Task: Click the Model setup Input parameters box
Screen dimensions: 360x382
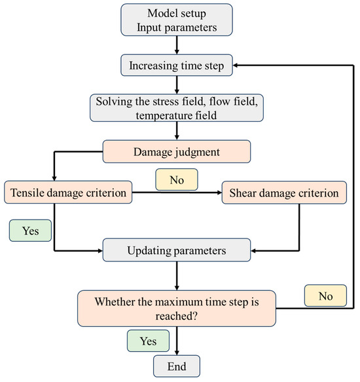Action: [177, 20]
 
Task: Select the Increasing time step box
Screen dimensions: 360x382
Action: [177, 66]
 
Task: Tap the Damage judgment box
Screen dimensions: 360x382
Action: [177, 151]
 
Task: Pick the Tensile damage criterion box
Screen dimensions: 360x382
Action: [68, 192]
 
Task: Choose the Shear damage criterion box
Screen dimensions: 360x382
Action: [284, 193]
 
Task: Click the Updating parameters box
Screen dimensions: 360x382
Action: [177, 250]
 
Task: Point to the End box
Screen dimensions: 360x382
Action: [177, 366]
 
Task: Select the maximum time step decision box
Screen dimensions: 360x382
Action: [177, 309]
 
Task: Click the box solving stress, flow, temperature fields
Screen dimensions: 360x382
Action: [177, 107]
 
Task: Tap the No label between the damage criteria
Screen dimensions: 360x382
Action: [177, 180]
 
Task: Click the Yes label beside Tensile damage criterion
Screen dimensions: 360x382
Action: [30, 231]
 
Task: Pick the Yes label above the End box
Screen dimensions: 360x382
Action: [148, 341]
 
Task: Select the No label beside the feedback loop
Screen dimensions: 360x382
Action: [325, 296]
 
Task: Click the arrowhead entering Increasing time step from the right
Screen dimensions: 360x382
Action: [235, 66]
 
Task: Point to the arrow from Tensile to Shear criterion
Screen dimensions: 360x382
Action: [177, 193]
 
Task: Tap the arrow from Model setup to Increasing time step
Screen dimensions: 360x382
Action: [177, 45]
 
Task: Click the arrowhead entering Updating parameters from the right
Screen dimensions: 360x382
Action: [253, 250]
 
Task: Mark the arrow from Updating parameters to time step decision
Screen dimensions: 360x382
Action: [177, 276]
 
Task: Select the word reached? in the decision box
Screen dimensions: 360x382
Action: [176, 316]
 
